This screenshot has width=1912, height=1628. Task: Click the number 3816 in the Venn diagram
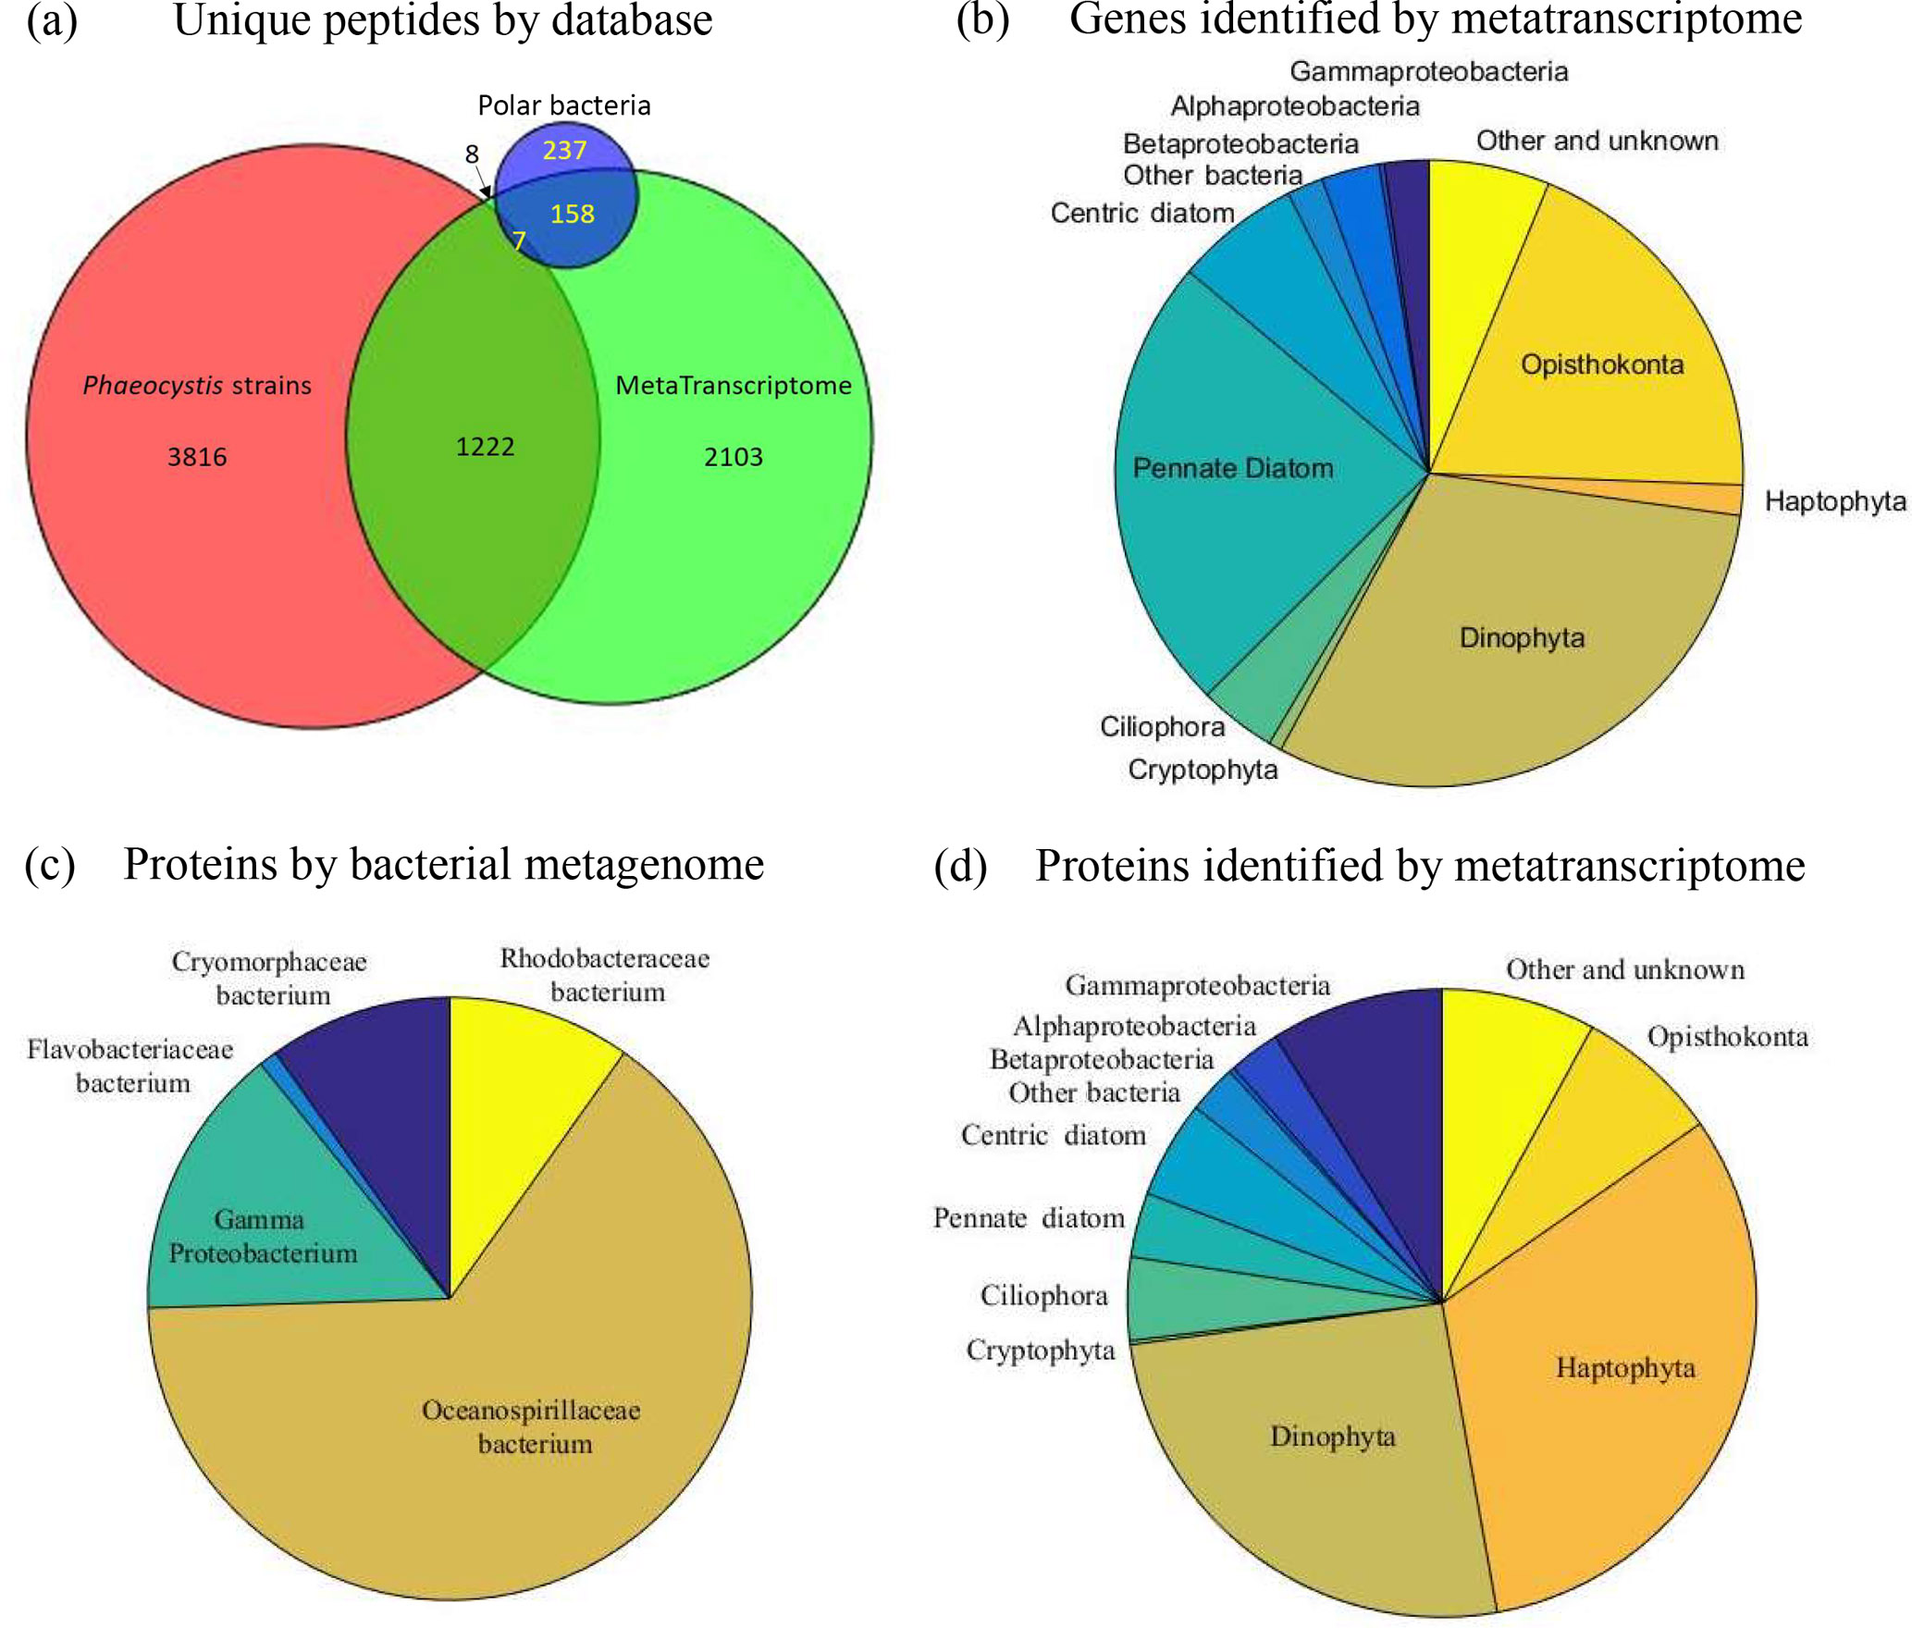196,457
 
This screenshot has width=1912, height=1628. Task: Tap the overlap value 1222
485,447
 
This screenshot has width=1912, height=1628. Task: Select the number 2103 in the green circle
733,457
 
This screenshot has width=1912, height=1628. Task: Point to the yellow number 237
564,150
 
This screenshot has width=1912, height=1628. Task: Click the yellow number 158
572,215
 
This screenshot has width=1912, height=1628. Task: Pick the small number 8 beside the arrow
472,154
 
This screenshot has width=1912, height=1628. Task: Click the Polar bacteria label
563,105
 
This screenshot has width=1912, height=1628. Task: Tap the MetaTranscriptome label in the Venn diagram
733,386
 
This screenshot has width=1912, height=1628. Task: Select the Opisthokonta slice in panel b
1601,364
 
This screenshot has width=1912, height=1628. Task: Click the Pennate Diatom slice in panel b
1232,469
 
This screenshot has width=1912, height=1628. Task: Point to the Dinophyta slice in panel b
1522,638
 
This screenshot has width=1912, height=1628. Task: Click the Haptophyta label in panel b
1835,502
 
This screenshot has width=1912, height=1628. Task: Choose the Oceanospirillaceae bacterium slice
531,1426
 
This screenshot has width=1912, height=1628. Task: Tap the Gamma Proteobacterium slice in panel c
262,1237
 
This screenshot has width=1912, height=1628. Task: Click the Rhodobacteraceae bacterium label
605,975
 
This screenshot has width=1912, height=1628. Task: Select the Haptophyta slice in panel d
1625,1368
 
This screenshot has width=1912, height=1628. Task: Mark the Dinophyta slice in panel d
1332,1437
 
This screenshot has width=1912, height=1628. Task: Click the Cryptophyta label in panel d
1040,1350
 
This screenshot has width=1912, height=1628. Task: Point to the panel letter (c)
50,865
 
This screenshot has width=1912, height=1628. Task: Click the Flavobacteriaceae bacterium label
130,1066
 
